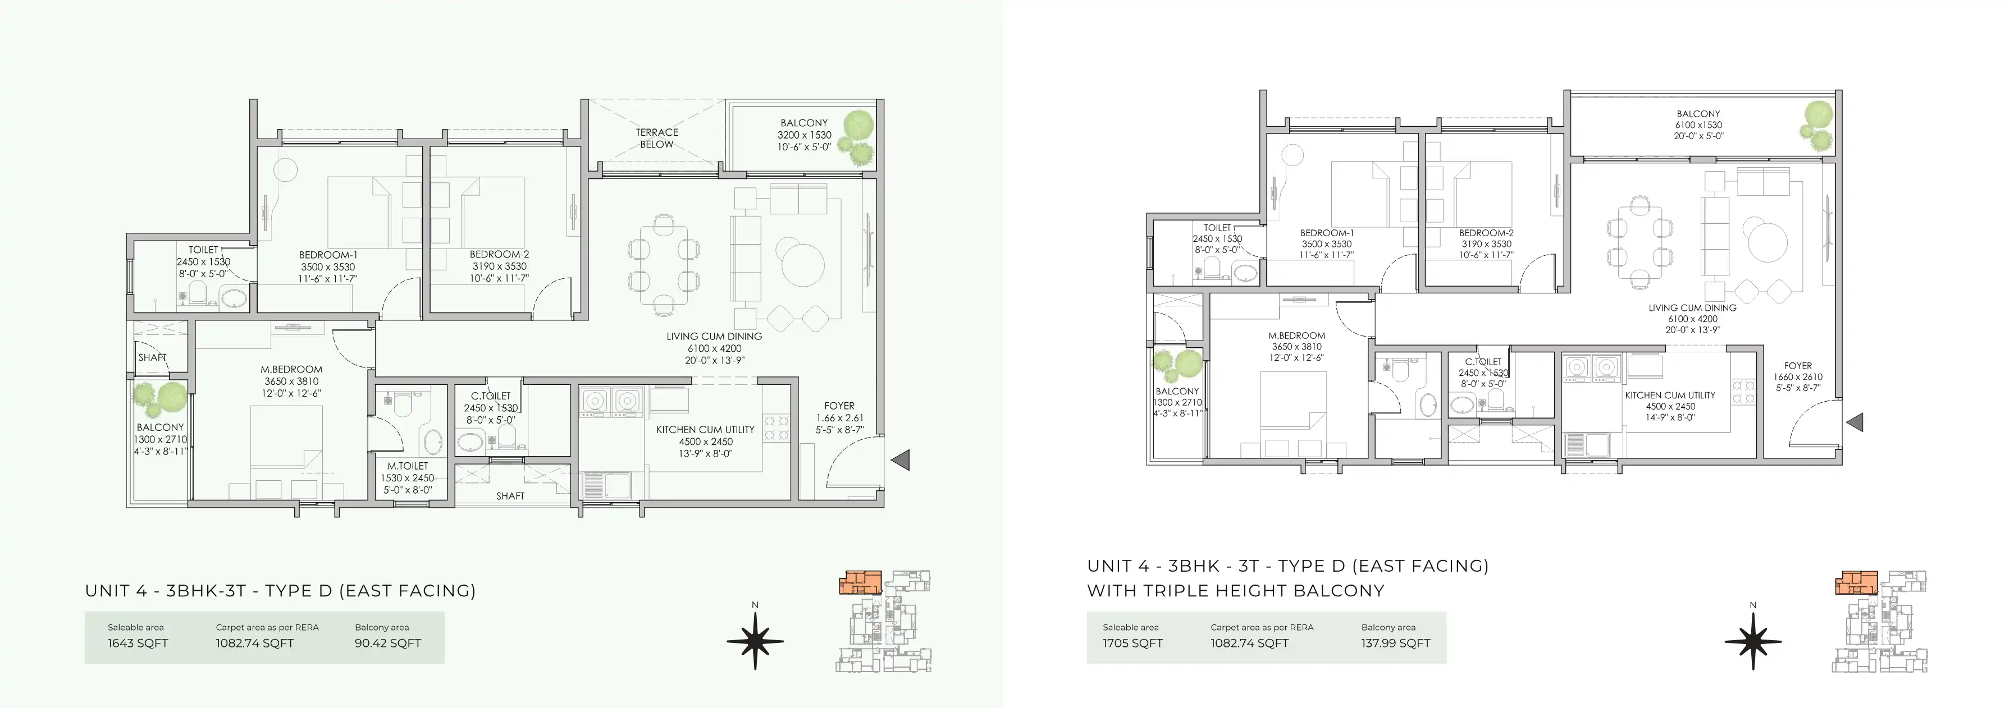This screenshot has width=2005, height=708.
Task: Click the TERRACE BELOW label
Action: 657,137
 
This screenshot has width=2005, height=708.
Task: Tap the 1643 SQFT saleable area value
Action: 138,643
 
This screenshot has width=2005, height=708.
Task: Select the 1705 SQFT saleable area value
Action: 1132,643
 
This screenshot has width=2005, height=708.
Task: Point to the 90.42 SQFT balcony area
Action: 387,643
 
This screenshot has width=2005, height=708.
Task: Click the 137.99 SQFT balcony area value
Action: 1396,643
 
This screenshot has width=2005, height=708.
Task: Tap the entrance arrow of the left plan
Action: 900,460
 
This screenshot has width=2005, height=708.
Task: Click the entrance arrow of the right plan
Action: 1854,422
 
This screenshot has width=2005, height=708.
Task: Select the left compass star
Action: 755,641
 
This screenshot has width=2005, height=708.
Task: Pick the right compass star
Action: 1753,641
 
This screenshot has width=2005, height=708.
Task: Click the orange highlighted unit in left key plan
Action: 861,583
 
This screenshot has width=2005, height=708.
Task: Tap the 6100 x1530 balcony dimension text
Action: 1698,125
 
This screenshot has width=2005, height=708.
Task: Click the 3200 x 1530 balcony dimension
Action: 804,135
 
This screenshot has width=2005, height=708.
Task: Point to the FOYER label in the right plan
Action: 1798,366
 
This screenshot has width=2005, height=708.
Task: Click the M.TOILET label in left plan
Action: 408,466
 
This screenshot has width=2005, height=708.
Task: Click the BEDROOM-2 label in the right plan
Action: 1486,233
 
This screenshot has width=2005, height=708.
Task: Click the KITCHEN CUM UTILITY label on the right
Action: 1670,396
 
